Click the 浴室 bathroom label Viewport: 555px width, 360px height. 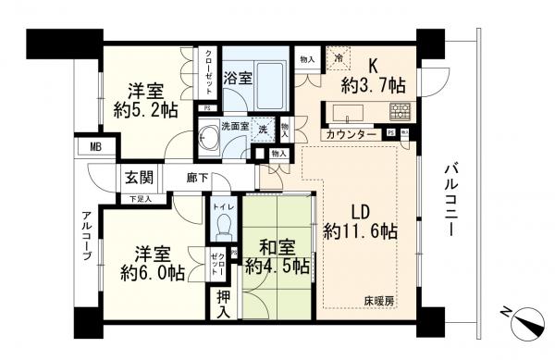[237, 80]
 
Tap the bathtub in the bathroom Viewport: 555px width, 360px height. [271, 81]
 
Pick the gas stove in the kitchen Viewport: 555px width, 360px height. [401, 114]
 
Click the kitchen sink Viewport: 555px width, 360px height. [347, 114]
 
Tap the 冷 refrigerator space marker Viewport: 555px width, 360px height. [338, 57]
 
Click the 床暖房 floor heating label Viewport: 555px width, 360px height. [376, 301]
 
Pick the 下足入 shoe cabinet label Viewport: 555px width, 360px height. [141, 198]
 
